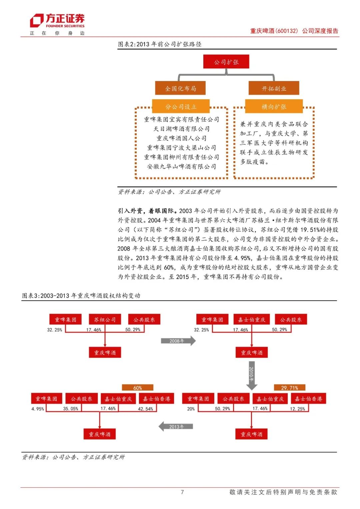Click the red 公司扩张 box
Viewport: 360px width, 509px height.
click(226, 62)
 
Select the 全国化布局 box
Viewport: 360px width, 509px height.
click(180, 88)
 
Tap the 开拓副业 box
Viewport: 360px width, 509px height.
click(274, 88)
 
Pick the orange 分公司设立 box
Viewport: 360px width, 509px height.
click(181, 107)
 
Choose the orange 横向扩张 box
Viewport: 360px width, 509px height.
click(274, 107)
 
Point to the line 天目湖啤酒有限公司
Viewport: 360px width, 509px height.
click(181, 129)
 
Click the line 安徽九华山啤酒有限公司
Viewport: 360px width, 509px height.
click(181, 166)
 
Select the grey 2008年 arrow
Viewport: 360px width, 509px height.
click(178, 341)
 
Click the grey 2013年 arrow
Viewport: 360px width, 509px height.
click(176, 426)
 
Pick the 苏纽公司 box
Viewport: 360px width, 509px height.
click(105, 320)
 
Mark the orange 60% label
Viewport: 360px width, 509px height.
click(137, 388)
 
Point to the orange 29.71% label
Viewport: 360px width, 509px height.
click(289, 388)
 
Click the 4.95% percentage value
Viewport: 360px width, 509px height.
click(38, 409)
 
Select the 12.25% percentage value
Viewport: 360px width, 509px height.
click(297, 409)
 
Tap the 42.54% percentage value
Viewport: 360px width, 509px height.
click(145, 409)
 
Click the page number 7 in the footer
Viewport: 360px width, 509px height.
click(182, 492)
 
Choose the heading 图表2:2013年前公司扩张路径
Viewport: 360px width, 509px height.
click(160, 44)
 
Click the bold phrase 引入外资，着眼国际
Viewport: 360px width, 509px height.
click(146, 211)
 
